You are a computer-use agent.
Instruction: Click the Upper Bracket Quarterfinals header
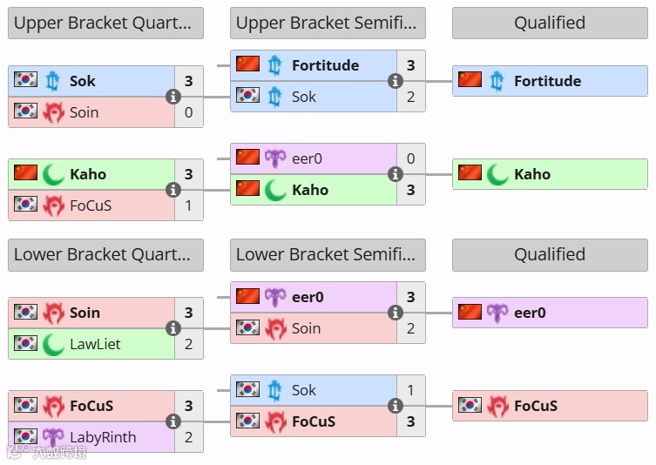[x=105, y=24]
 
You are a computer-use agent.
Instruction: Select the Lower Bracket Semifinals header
[x=328, y=254]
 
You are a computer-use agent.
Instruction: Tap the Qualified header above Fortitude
[x=549, y=24]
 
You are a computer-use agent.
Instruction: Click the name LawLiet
[x=95, y=344]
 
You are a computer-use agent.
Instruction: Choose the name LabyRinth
[x=103, y=437]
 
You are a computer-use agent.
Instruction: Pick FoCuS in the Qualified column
[x=535, y=406]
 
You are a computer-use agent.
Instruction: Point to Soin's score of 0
[x=189, y=112]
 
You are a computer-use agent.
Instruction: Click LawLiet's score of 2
[x=189, y=344]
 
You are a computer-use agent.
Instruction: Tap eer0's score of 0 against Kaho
[x=411, y=158]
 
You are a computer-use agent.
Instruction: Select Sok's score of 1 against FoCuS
[x=411, y=390]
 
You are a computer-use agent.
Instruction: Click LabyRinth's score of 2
[x=189, y=437]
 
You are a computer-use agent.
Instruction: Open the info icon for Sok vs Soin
[x=173, y=97]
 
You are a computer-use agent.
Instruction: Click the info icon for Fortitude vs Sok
[x=396, y=81]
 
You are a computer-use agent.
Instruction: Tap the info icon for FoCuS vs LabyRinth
[x=173, y=421]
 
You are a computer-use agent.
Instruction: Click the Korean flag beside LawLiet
[x=25, y=343]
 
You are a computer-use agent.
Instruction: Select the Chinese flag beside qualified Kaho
[x=470, y=173]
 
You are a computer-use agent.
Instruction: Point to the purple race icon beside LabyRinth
[x=53, y=437]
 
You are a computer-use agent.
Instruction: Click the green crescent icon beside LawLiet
[x=53, y=344]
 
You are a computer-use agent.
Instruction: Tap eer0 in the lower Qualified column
[x=530, y=313]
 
